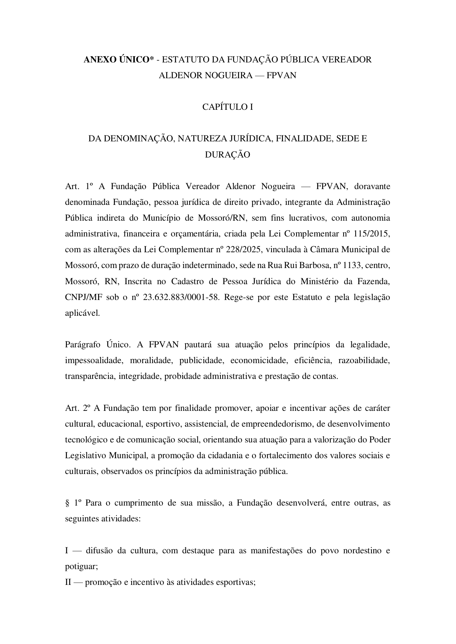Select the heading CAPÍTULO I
[227, 107]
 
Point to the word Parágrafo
[83, 345]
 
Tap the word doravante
[372, 186]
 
